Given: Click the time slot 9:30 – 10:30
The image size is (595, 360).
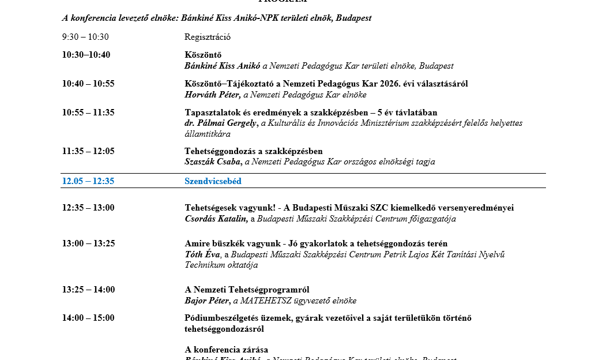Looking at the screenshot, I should click(x=85, y=37).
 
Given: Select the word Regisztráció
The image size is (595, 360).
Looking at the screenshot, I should click(x=208, y=37).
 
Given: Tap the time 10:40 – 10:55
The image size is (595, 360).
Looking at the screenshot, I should click(x=88, y=84).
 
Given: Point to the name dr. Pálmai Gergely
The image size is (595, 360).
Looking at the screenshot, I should click(x=220, y=123).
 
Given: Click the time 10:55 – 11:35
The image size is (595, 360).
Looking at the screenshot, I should click(x=88, y=112).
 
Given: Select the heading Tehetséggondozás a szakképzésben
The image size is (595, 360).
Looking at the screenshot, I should click(x=254, y=151).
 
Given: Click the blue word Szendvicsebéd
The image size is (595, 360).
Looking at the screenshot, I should click(x=213, y=181).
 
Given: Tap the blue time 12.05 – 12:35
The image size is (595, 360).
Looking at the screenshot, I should click(x=88, y=181).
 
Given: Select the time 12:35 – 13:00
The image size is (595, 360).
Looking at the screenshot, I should click(x=88, y=208).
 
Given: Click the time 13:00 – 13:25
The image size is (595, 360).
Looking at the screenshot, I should click(x=88, y=243).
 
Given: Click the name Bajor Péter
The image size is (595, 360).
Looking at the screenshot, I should click(x=207, y=301).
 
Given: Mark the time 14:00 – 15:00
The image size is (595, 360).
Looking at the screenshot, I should click(x=88, y=318).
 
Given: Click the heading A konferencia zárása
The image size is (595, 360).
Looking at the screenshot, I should click(x=226, y=350).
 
